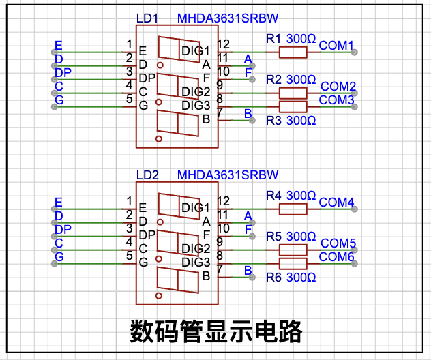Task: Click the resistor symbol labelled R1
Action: pyautogui.click(x=293, y=52)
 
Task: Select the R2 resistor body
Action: pyautogui.click(x=293, y=93)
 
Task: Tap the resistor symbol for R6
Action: pyautogui.click(x=293, y=264)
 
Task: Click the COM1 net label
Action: pyautogui.click(x=336, y=46)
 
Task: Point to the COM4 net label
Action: pyautogui.click(x=336, y=202)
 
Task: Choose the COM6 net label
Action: pyautogui.click(x=336, y=257)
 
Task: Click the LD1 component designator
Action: pyautogui.click(x=147, y=18)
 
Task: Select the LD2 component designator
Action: pyautogui.click(x=147, y=175)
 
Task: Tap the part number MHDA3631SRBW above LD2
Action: pyautogui.click(x=228, y=175)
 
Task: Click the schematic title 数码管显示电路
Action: pyautogui.click(x=216, y=331)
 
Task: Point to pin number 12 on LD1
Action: pyautogui.click(x=224, y=44)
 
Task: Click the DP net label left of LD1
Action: pyautogui.click(x=63, y=72)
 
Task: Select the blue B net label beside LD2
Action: pyautogui.click(x=248, y=271)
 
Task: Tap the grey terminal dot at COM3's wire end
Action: pyautogui.click(x=355, y=106)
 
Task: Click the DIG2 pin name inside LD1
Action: pyautogui.click(x=196, y=92)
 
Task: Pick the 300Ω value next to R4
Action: pyautogui.click(x=301, y=196)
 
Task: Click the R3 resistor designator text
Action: pyautogui.click(x=273, y=121)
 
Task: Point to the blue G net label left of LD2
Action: pyautogui.click(x=59, y=256)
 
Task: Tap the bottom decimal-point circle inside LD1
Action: pyautogui.click(x=159, y=139)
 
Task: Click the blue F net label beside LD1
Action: pyautogui.click(x=248, y=73)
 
